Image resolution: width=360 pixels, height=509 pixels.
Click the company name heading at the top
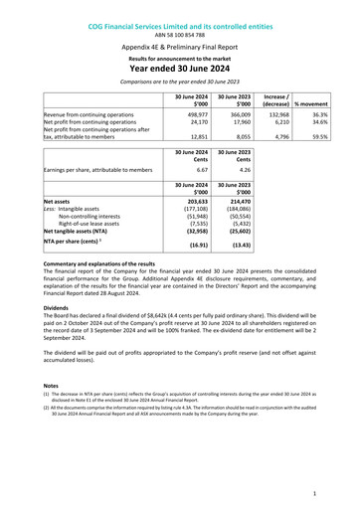pyautogui.click(x=179, y=9)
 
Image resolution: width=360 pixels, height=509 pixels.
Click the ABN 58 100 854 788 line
pyautogui.click(x=179, y=20)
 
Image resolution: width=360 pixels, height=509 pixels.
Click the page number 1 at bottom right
pyautogui.click(x=313, y=493)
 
